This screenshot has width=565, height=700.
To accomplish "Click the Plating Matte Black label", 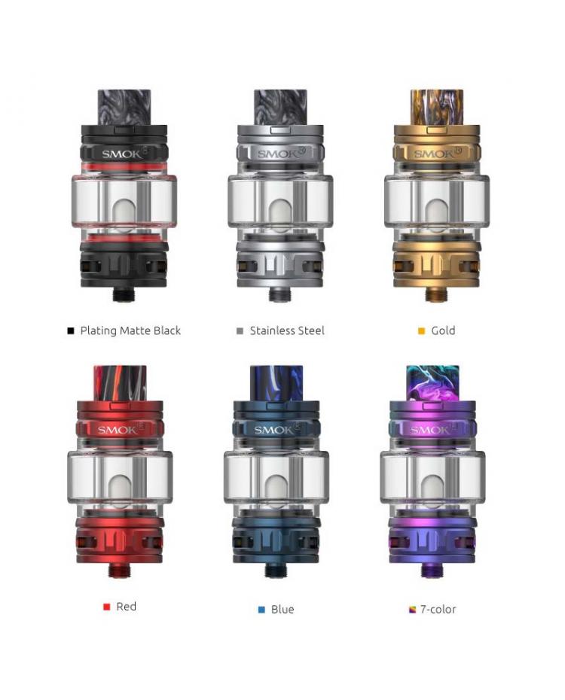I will tap(130, 330).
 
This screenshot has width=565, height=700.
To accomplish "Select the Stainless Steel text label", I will tap(287, 330).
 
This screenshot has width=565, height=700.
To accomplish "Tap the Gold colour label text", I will tap(443, 330).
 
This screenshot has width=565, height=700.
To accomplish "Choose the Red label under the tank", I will tap(126, 607).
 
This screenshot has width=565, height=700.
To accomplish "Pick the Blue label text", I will tap(282, 609).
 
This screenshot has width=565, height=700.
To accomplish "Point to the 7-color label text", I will tap(438, 609).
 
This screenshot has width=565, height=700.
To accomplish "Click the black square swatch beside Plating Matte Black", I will tap(71, 330).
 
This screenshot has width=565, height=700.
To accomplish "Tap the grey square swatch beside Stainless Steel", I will tap(240, 330).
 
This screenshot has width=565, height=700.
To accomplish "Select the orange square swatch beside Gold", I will tap(421, 330).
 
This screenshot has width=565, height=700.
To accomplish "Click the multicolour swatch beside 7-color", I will tap(412, 610).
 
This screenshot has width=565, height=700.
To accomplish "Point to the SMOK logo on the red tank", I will tap(116, 430).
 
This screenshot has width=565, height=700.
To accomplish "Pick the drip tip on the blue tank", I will tap(276, 383).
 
